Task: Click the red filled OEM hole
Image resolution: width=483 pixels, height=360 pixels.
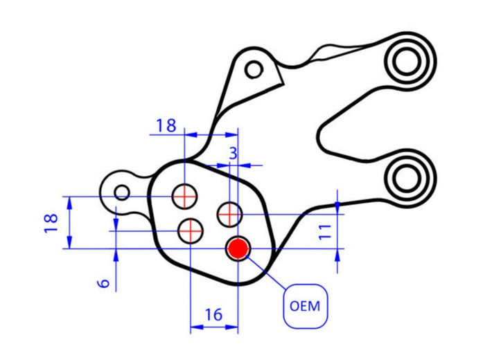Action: click(x=238, y=248)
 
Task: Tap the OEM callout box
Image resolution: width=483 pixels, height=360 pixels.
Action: click(x=305, y=305)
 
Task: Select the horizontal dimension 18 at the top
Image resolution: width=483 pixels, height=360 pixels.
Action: click(x=166, y=125)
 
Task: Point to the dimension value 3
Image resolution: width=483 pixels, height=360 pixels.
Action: click(x=233, y=152)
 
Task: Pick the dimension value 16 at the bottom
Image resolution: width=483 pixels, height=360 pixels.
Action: click(x=213, y=315)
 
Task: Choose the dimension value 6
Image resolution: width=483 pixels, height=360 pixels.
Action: click(x=104, y=283)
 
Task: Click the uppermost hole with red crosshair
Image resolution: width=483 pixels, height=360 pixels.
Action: click(x=184, y=196)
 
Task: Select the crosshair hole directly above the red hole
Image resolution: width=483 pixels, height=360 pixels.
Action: click(x=228, y=214)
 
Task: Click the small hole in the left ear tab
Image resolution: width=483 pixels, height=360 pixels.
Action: click(x=122, y=192)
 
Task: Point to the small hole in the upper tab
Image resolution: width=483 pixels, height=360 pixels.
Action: click(x=254, y=69)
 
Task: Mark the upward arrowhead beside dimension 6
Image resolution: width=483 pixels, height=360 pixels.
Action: click(x=116, y=253)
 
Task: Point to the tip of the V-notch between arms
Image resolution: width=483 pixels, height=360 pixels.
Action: click(x=321, y=132)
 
